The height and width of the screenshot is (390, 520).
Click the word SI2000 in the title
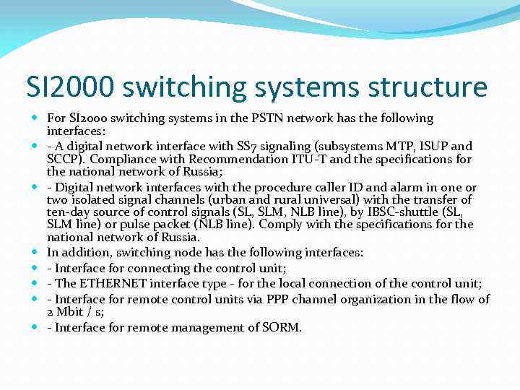tap(71, 88)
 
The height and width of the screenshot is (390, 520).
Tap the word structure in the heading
tap(428, 88)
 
